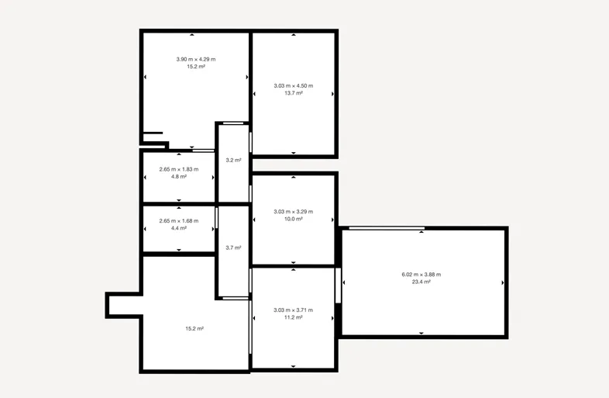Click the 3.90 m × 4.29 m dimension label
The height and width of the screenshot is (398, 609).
(196, 60)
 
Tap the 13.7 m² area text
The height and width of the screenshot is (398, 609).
(293, 93)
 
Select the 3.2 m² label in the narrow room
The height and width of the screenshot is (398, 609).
(233, 160)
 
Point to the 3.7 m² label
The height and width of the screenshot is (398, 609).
(233, 247)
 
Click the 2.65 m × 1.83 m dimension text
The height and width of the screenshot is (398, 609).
(179, 169)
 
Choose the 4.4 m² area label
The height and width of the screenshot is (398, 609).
(179, 228)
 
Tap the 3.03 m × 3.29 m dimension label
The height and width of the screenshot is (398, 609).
(293, 212)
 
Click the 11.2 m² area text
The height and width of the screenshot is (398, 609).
(293, 317)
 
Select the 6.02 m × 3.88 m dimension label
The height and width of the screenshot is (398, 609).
(421, 275)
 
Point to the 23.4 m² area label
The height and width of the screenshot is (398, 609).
(421, 282)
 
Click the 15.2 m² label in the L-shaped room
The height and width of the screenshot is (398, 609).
(194, 328)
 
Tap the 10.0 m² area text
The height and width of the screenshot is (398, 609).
(293, 219)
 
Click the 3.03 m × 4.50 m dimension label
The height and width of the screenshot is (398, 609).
(293, 85)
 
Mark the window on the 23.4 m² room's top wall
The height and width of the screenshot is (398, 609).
(387, 228)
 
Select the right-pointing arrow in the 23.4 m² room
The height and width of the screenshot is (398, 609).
(503, 283)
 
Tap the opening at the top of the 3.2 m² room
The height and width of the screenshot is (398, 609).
(233, 123)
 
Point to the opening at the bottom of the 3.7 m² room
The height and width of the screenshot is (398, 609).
(236, 299)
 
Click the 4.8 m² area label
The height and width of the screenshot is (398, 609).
(179, 177)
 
